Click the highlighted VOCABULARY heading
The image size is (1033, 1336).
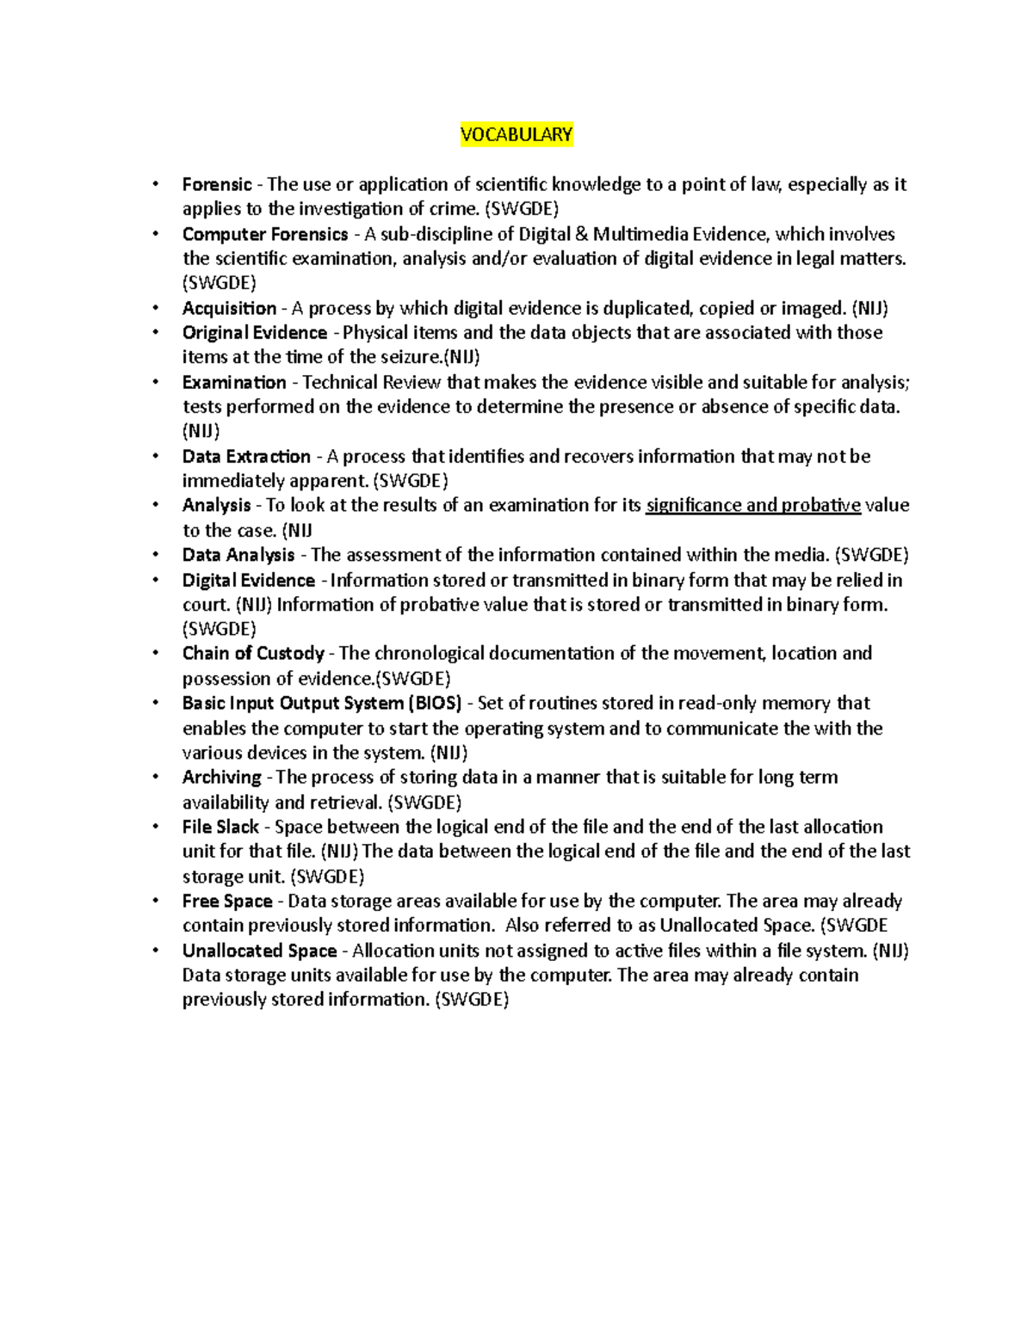[x=516, y=134]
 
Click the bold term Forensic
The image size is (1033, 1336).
[x=217, y=184]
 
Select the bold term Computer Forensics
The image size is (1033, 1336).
[x=265, y=234]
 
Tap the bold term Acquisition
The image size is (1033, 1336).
[x=229, y=308]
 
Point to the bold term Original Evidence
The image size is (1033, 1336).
[x=255, y=333]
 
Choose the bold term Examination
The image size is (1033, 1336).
[x=234, y=382]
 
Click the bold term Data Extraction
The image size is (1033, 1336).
[x=246, y=456]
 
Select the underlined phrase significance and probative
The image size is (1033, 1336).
[x=753, y=505]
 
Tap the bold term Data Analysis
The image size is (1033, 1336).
[x=238, y=555]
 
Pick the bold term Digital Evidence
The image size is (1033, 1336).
[x=249, y=580]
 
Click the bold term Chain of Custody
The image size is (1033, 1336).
[x=253, y=653]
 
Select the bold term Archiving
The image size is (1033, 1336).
[x=221, y=777]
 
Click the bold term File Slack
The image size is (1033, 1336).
[x=220, y=827]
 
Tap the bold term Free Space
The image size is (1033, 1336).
[x=227, y=901]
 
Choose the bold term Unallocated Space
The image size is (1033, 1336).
[x=259, y=951]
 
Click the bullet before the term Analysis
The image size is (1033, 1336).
[x=155, y=505]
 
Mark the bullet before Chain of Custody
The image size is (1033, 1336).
[x=155, y=653]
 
